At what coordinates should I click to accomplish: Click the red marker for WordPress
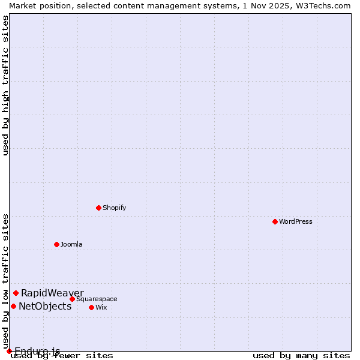coord(275,221)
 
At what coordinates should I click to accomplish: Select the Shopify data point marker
coord(98,208)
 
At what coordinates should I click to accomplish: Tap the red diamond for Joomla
coord(56,244)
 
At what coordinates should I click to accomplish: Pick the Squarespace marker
coord(72,299)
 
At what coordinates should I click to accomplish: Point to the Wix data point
coord(91,307)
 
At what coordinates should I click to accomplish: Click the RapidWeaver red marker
coord(16,293)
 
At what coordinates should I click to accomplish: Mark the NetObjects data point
coord(13,306)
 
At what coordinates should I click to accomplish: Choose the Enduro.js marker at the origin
coord(9,351)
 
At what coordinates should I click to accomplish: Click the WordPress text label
coord(296,221)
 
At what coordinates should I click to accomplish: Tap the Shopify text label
coord(114,208)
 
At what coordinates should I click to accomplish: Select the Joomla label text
coord(71,244)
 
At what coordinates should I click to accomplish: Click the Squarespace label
coord(97,299)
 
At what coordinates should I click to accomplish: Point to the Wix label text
coord(101,307)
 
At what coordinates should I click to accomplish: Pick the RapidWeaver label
coord(52,293)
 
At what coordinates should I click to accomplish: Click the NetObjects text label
coord(45,306)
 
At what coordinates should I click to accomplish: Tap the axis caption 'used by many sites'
coord(301,356)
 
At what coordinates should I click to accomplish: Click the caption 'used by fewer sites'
coord(62,356)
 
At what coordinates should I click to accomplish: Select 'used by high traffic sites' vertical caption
coord(5,85)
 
